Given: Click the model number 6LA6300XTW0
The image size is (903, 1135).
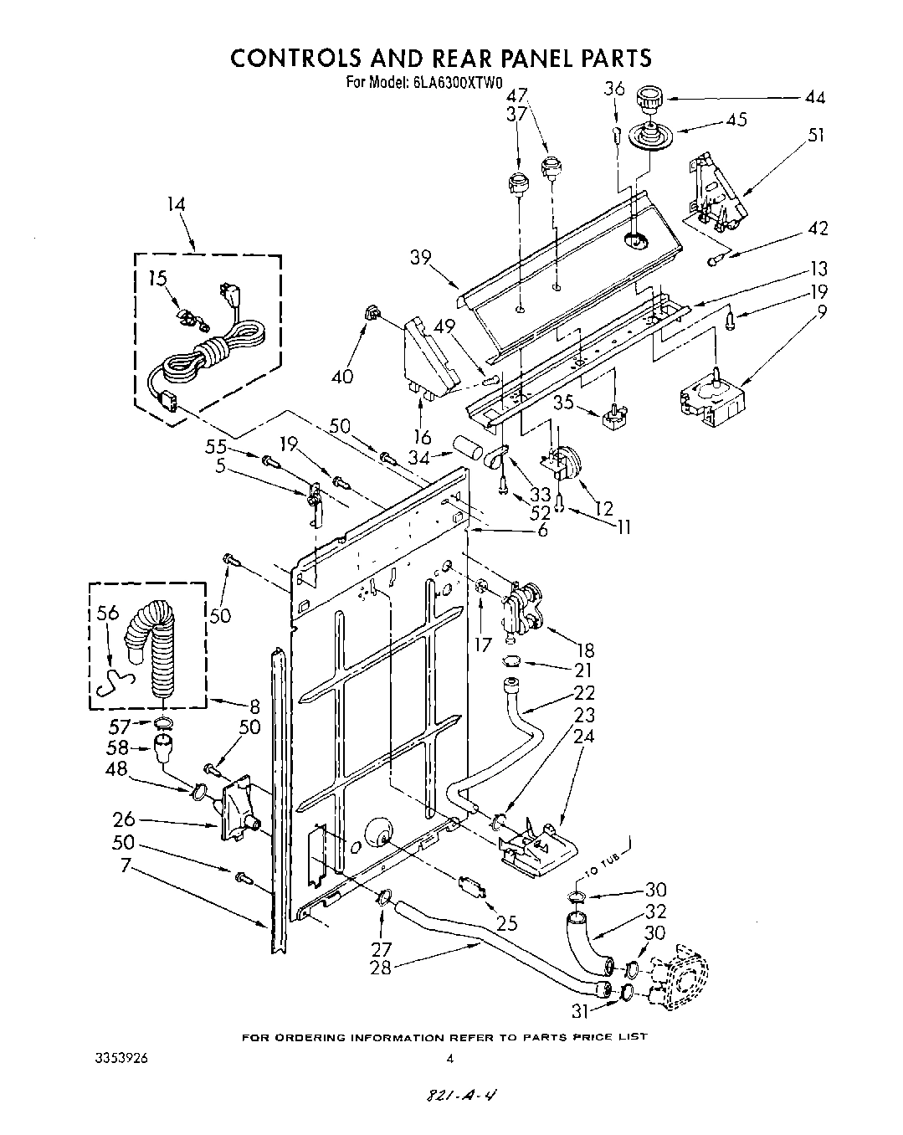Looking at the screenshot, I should pyautogui.click(x=456, y=83).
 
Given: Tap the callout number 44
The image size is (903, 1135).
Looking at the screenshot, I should pyautogui.click(x=813, y=98).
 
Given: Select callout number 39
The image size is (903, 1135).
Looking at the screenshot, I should pyautogui.click(x=421, y=258).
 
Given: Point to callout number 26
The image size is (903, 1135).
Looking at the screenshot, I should pyautogui.click(x=124, y=819).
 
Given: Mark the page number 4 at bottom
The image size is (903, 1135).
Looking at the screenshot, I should pyautogui.click(x=449, y=1059).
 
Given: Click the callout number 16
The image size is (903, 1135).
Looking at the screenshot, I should pyautogui.click(x=422, y=437).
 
